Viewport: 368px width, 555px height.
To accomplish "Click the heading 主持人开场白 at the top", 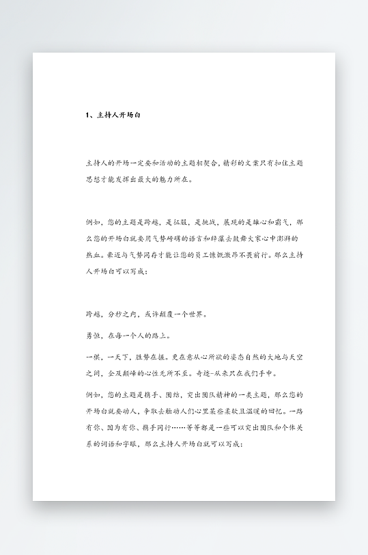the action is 119,115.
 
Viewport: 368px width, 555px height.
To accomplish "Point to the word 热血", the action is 94,255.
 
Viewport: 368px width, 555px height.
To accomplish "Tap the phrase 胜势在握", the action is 145,357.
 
